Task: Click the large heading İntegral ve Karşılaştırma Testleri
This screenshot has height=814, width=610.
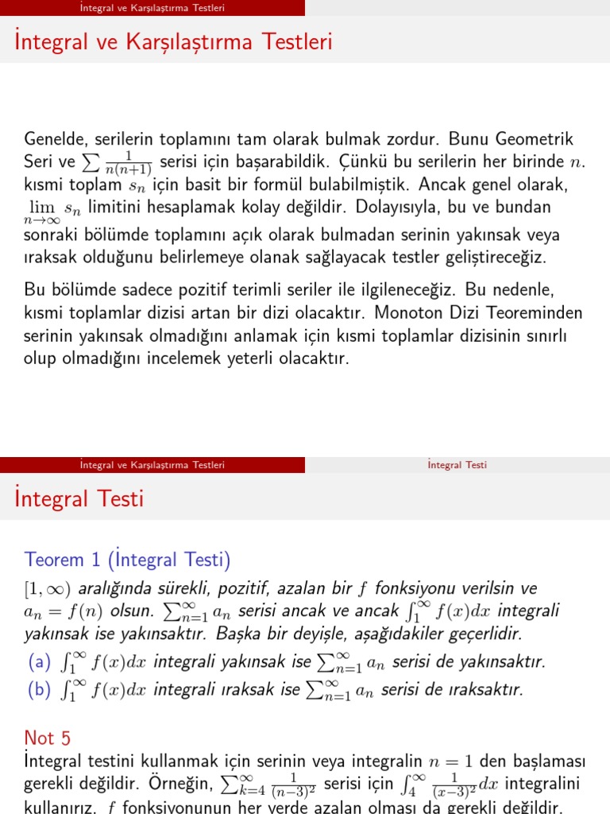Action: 173,41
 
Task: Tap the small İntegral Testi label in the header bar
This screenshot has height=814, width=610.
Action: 457,465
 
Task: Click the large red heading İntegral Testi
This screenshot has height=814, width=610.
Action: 79,499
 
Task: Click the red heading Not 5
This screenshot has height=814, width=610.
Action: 48,738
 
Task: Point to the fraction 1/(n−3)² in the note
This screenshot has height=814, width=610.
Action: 293,785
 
